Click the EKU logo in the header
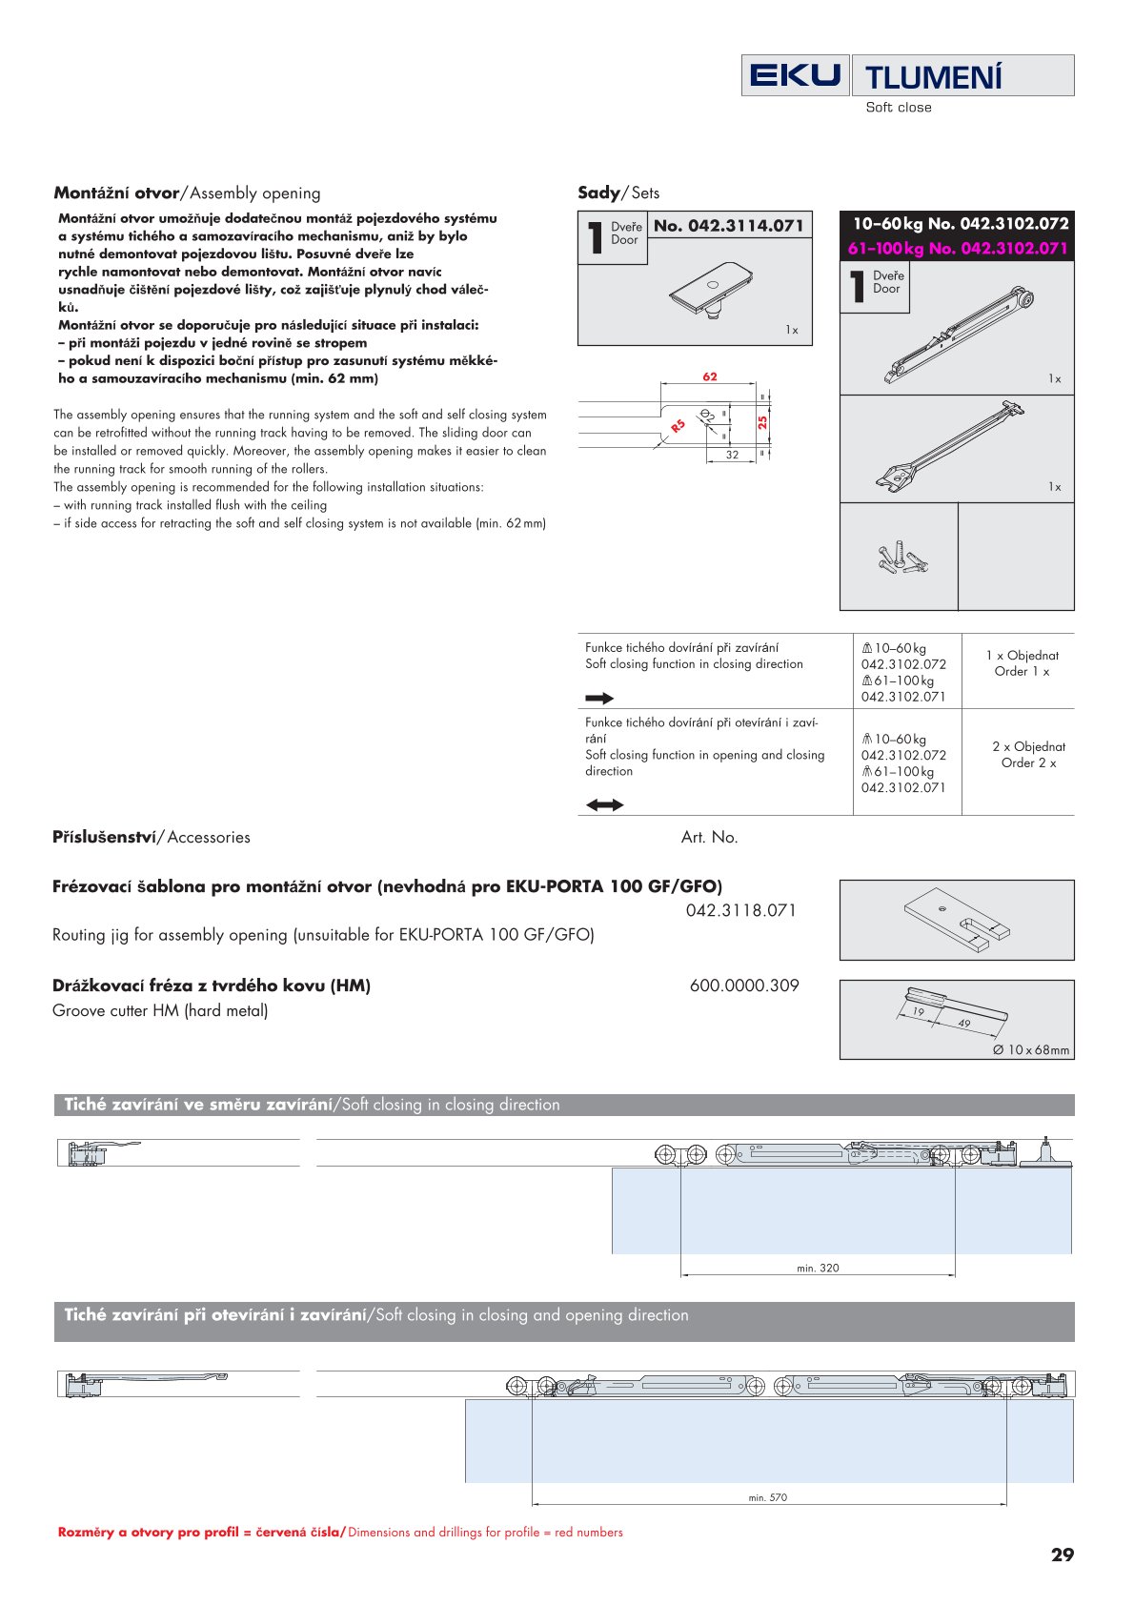click(x=795, y=75)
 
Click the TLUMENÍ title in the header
click(x=933, y=77)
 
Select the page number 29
click(x=1062, y=1554)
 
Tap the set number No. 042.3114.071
click(x=729, y=226)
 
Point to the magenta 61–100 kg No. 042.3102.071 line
click(x=957, y=249)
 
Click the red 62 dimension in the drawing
click(x=710, y=376)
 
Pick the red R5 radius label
click(x=678, y=426)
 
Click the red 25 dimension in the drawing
click(x=762, y=422)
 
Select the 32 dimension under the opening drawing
click(x=732, y=455)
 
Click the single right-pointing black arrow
click(x=599, y=699)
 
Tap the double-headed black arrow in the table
click(x=604, y=805)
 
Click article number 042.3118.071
click(x=740, y=910)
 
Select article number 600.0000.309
click(x=744, y=985)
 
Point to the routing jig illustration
click(x=956, y=919)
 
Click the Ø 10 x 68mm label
click(x=1030, y=1049)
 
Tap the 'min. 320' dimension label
click(x=818, y=1268)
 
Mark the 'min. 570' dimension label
click(x=768, y=1497)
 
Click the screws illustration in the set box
click(x=901, y=558)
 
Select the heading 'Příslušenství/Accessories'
click(x=152, y=837)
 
